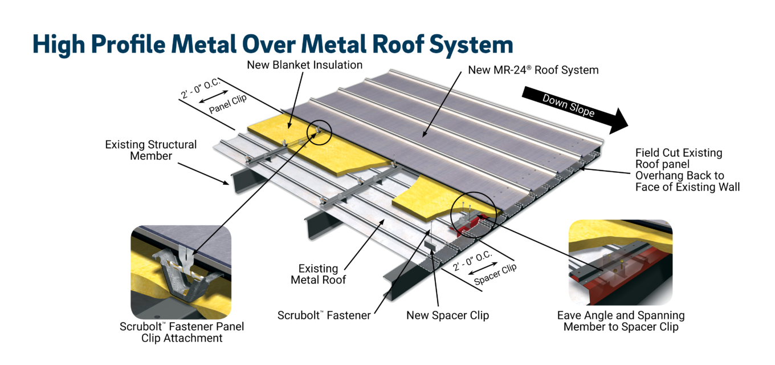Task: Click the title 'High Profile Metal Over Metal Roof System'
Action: (272, 44)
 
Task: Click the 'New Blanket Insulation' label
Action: (304, 65)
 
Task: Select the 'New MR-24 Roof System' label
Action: (533, 70)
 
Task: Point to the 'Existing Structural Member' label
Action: (150, 150)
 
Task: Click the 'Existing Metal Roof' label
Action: (319, 274)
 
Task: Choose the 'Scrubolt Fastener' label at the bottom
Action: (324, 315)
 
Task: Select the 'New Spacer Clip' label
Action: (447, 315)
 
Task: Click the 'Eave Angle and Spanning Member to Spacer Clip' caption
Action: (621, 321)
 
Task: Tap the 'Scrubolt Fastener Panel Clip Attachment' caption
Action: (182, 332)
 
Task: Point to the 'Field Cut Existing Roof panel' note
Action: (687, 169)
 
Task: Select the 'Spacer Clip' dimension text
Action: (495, 276)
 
